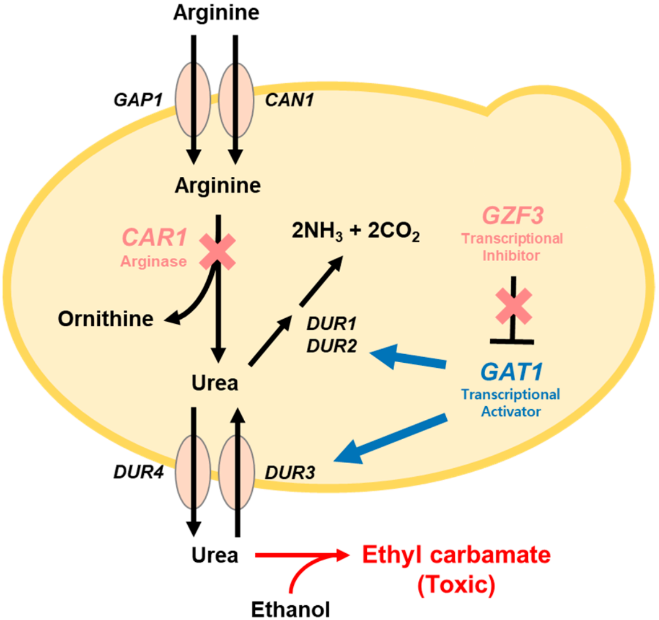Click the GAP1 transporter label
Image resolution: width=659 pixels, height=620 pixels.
pyautogui.click(x=138, y=100)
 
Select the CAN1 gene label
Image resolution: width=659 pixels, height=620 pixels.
pyautogui.click(x=289, y=101)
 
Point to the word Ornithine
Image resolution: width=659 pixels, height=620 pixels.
pyautogui.click(x=106, y=318)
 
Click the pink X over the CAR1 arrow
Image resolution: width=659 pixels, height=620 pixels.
pyautogui.click(x=217, y=252)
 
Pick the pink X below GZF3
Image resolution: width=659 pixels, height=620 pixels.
pyautogui.click(x=514, y=306)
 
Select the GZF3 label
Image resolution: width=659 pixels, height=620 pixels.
pyautogui.click(x=512, y=216)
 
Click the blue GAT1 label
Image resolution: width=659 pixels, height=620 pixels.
pyautogui.click(x=511, y=372)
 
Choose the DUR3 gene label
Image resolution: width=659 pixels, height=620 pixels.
pyautogui.click(x=290, y=472)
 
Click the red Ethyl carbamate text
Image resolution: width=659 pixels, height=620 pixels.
pyautogui.click(x=456, y=554)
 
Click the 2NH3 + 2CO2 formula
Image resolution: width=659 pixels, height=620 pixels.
pyautogui.click(x=355, y=233)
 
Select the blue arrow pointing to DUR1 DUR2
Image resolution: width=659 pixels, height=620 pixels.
pyautogui.click(x=407, y=358)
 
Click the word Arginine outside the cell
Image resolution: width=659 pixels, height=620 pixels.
pyautogui.click(x=216, y=13)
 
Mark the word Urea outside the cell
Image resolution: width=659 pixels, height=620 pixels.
pyautogui.click(x=215, y=554)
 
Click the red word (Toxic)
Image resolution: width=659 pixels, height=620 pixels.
pyautogui.click(x=456, y=585)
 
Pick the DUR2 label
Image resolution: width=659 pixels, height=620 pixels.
pyautogui.click(x=331, y=346)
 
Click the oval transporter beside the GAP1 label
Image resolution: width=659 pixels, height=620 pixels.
pyautogui.click(x=193, y=100)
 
